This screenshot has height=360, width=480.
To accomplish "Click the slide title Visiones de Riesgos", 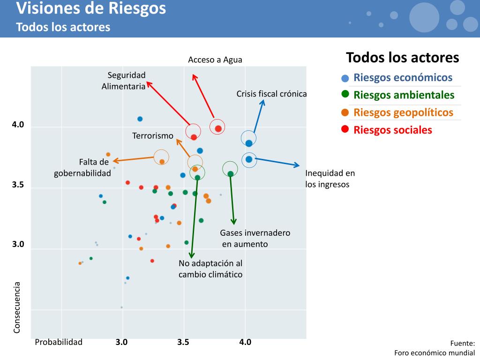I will click(91, 8).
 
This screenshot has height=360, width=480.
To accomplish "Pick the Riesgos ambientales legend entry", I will click(404, 95).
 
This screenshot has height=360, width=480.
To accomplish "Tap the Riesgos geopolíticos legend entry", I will click(403, 112).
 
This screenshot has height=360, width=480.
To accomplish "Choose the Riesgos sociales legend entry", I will click(392, 130).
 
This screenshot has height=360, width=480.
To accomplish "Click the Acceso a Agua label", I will click(215, 60).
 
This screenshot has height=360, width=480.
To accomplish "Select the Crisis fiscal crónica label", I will click(271, 94).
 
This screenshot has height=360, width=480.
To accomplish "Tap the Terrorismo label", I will click(153, 136).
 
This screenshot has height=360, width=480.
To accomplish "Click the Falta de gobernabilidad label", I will click(82, 167).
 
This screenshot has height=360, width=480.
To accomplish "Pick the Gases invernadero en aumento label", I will click(255, 238).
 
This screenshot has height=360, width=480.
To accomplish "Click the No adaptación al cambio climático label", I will click(210, 269).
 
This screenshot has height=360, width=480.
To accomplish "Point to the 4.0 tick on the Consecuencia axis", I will click(18, 125).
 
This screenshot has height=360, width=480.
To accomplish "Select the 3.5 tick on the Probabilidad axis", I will click(183, 342).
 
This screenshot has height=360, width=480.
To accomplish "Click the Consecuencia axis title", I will click(17, 307).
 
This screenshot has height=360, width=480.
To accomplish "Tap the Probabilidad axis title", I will click(59, 342).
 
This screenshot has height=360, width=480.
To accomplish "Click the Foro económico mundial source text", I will click(435, 353).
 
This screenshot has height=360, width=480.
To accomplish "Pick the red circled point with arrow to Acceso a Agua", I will click(218, 128).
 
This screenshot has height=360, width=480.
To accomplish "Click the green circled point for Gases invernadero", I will click(230, 173).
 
